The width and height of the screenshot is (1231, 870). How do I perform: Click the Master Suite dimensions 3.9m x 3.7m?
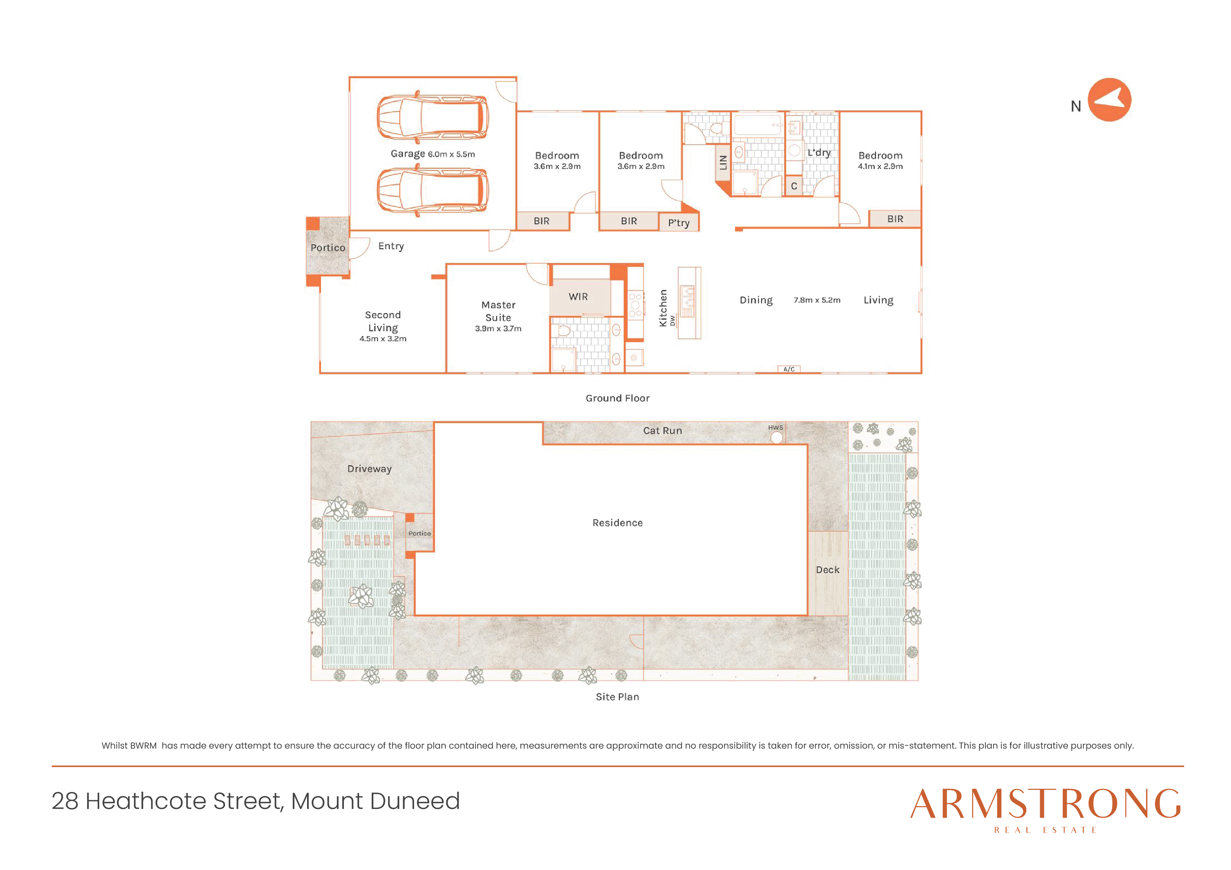tap(498, 329)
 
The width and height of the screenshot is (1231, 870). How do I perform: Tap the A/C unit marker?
tap(789, 369)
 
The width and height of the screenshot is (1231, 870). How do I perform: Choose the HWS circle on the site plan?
tap(776, 437)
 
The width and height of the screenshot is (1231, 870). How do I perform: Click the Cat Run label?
tap(663, 430)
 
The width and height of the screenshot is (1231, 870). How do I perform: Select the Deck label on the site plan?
tap(827, 570)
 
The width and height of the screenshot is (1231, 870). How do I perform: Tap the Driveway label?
tap(370, 469)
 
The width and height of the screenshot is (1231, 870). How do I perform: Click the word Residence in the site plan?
tap(617, 523)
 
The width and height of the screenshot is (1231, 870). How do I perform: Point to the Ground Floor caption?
tap(617, 398)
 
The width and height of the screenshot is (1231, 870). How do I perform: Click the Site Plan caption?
tap(617, 697)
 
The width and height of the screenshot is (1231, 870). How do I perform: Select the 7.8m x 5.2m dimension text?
tap(817, 300)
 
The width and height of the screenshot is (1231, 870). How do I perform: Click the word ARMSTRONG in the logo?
tap(1045, 804)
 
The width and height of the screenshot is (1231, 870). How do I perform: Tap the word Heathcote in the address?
tap(146, 801)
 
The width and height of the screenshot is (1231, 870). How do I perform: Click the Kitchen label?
tap(663, 308)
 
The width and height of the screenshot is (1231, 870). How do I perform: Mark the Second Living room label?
tap(383, 321)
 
